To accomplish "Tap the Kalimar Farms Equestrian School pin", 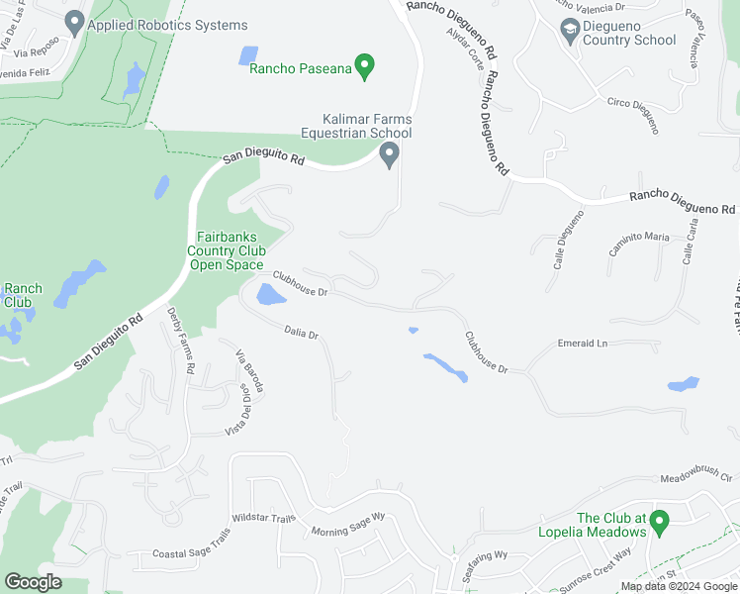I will [x=390, y=154].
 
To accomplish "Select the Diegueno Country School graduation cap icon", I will [x=570, y=30].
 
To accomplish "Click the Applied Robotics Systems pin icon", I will [x=73, y=21].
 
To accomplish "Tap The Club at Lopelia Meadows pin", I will [x=661, y=519].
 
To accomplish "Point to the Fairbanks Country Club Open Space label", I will [x=226, y=250].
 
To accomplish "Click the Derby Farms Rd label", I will [x=181, y=340].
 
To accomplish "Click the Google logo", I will [x=33, y=582].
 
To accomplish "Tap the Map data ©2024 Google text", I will [x=680, y=586].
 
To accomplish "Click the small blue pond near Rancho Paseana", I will [x=248, y=55].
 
